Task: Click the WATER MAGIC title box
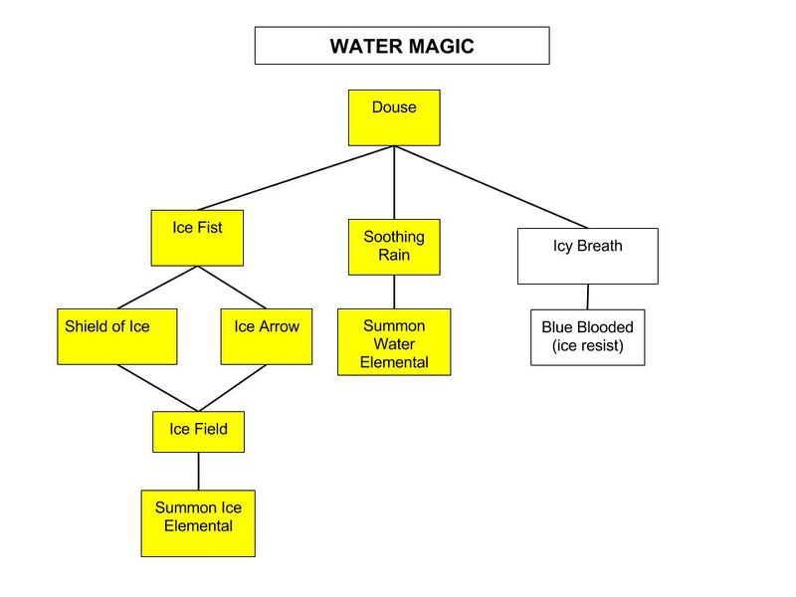(x=401, y=46)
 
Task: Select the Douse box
(x=394, y=117)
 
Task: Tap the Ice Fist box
(x=197, y=237)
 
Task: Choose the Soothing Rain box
(x=394, y=247)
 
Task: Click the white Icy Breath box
(x=587, y=256)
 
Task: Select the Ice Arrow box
(x=267, y=336)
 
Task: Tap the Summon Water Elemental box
(x=394, y=341)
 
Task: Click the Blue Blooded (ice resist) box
(x=587, y=337)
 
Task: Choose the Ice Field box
(x=198, y=431)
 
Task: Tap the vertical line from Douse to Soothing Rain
(x=394, y=183)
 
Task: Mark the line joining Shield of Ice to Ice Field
(x=157, y=388)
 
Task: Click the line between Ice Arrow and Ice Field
(x=234, y=388)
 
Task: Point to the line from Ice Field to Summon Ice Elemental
(x=198, y=471)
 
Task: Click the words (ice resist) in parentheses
(x=587, y=347)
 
